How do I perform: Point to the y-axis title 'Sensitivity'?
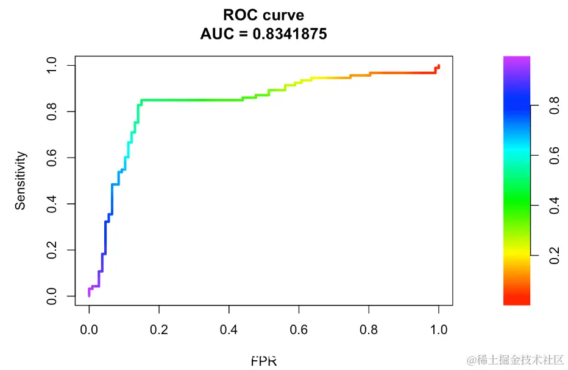21,181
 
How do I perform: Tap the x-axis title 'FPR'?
264,361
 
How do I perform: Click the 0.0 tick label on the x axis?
89,330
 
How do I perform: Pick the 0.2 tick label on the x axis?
159,330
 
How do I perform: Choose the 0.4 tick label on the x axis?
229,330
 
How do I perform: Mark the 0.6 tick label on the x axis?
299,330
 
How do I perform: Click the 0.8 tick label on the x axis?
369,330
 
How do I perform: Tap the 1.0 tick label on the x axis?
439,330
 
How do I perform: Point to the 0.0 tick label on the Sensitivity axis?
52,296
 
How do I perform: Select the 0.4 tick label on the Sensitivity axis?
52,204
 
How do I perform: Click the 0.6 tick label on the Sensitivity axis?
52,158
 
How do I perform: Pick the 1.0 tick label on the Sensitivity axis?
52,65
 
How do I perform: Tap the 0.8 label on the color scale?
554,106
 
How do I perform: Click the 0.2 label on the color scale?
554,256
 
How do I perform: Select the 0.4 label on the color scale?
554,206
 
